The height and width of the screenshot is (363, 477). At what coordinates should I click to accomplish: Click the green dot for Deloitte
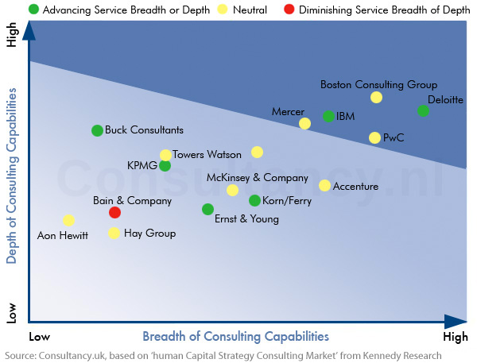423,110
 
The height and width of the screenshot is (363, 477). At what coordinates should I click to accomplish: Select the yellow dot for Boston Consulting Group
376,98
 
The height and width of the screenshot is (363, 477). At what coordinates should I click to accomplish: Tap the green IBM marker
328,117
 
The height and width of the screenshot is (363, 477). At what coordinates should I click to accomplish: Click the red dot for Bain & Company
114,212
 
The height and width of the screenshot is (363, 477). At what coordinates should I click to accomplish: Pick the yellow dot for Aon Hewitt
68,220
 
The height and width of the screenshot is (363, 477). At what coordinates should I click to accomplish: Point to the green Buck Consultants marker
97,130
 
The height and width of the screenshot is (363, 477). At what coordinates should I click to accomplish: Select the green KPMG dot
165,165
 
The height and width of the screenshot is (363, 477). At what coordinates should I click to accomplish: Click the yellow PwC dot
374,137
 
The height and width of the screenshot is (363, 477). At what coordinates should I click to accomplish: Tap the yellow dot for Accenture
324,186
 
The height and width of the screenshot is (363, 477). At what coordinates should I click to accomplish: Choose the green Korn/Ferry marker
254,201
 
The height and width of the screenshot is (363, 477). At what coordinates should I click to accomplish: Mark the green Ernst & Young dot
207,209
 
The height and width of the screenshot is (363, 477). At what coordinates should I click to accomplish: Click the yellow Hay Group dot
114,234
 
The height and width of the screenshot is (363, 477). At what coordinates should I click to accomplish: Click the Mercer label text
288,111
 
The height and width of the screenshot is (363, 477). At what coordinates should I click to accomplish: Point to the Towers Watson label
207,155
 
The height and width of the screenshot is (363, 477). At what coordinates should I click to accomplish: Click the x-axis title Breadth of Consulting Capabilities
235,336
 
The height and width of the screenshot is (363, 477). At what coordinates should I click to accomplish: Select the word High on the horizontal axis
456,337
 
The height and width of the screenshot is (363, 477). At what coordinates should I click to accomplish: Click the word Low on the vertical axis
11,311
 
